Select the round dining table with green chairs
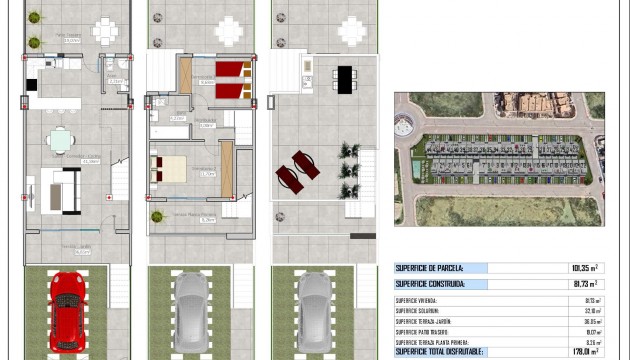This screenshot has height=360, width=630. pyautogui.click(x=60, y=140)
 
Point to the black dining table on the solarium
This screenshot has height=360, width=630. pyautogui.click(x=343, y=78)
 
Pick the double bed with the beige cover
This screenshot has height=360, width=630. pyautogui.click(x=168, y=167)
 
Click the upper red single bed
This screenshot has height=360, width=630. pyautogui.click(x=234, y=69)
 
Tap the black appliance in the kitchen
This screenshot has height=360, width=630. pyautogui.click(x=33, y=86)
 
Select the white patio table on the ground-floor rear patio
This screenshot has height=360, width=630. pyautogui.click(x=106, y=31)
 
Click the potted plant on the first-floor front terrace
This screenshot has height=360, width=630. pyautogui.click(x=157, y=216)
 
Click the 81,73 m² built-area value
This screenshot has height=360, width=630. pyautogui.click(x=582, y=284)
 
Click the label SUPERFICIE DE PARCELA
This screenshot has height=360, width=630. pyautogui.click(x=427, y=268)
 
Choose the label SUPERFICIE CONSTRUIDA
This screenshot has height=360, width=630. pyautogui.click(x=431, y=284)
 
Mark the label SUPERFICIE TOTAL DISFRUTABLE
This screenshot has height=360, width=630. pyautogui.click(x=440, y=351)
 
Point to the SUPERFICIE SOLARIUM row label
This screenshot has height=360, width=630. pyautogui.click(x=421, y=310)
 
